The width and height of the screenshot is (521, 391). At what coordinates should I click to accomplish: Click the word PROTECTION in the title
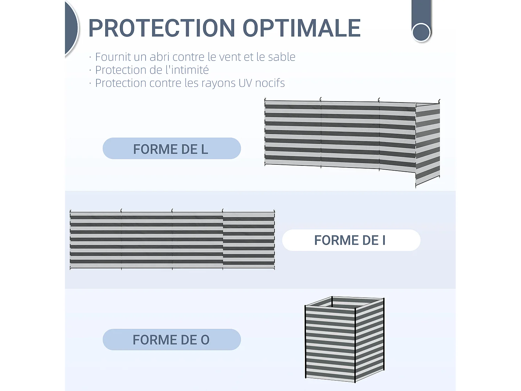162,28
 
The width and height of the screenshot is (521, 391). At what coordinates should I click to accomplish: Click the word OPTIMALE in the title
302,28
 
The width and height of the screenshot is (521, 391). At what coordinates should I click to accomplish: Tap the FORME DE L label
172,149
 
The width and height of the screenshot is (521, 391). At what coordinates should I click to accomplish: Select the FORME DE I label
351,240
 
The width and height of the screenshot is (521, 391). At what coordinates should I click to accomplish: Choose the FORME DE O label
172,340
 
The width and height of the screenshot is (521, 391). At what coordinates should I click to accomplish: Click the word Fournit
113,57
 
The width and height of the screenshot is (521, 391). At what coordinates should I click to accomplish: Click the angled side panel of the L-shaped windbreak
428,144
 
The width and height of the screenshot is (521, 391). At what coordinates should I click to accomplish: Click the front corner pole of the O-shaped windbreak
355,345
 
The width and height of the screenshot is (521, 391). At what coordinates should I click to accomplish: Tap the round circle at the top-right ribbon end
421,32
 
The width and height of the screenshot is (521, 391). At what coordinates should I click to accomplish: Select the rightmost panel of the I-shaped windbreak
249,240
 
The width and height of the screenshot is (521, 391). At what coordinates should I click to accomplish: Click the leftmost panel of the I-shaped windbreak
96,240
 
